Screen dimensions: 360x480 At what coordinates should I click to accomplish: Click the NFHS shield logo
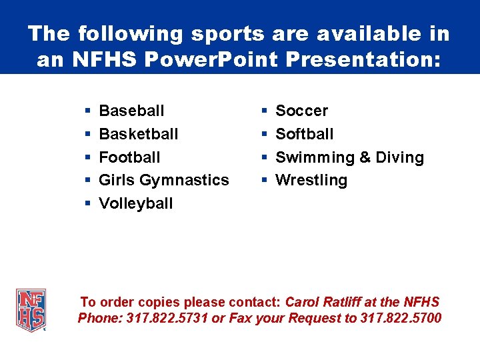coord(31,310)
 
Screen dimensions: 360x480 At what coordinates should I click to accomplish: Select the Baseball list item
coord(131,111)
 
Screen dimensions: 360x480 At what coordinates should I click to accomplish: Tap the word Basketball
coord(139,134)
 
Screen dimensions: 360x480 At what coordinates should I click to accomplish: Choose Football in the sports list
coord(129,157)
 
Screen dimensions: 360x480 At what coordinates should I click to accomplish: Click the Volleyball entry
coord(135,203)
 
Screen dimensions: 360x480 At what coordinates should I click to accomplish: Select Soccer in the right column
coord(301,111)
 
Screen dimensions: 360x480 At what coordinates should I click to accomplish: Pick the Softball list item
coord(304,134)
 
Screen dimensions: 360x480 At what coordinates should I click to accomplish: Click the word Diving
coord(399,157)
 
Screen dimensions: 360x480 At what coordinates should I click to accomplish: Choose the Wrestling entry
coord(311,180)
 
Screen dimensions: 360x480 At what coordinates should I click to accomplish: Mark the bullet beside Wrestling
coord(265,180)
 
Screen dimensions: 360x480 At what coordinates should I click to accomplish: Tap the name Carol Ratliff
coord(327,302)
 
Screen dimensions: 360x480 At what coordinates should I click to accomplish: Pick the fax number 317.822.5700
coord(400,318)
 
